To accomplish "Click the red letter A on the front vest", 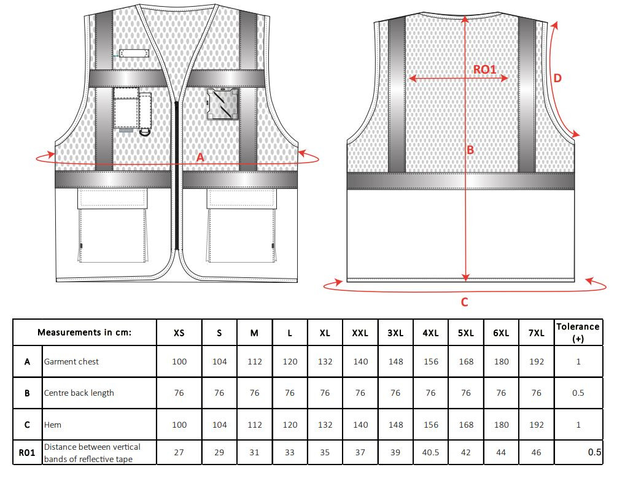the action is pos(200,157).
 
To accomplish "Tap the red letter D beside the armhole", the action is pos(557,78).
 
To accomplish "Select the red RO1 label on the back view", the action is pos(484,69).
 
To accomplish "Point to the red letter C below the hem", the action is pos(464,303).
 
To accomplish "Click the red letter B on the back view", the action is pos(470,150).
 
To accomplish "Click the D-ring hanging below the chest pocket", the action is pos(145,131).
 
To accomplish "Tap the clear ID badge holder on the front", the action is pos(222,104).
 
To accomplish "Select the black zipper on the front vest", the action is pos(177,175).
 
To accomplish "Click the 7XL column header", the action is pos(536,333).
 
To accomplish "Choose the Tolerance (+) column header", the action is pos(578,332).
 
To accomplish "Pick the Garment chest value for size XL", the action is pos(325,361).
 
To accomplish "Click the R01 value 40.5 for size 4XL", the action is pos(430,452).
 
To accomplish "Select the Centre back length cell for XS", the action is pos(179,393).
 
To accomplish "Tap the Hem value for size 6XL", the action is pos(501,425).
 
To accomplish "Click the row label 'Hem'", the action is pos(53,425).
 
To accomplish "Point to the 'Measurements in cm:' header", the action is pos(85,332).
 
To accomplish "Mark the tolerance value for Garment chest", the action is pos(578,361).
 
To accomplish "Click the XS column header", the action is pos(179,333).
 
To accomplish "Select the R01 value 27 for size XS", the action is pos(179,452).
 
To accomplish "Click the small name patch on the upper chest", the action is pos(134,53).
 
